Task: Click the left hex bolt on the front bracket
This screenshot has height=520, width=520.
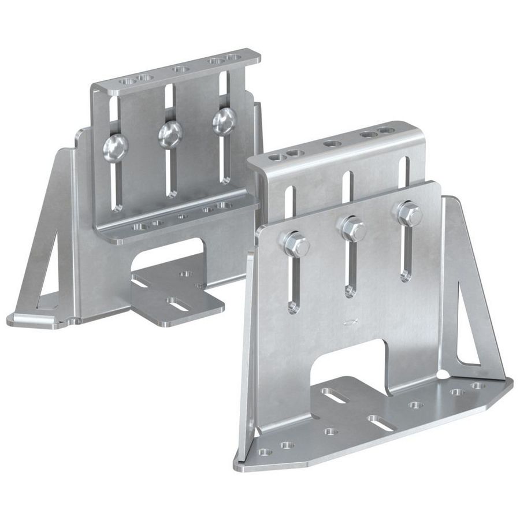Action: tap(295, 244)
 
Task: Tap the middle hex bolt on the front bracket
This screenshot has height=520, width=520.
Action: tap(352, 229)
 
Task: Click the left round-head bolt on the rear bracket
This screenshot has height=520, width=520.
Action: tap(115, 147)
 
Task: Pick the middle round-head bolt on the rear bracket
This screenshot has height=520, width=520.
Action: tap(170, 134)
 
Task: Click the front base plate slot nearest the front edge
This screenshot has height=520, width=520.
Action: tap(381, 421)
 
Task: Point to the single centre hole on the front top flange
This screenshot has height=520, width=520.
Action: tap(331, 143)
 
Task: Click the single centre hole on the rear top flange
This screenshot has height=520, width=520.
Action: tap(180, 69)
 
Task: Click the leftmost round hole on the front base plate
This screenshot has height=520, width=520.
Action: tap(265, 452)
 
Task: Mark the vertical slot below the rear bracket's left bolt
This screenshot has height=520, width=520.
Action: tap(117, 185)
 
